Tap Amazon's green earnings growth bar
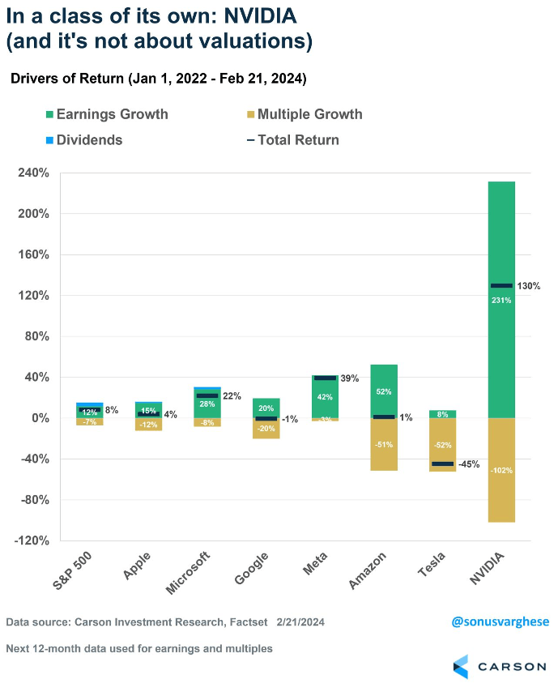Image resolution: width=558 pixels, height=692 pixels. (x=384, y=381)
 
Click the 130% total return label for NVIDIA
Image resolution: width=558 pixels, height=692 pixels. (x=530, y=286)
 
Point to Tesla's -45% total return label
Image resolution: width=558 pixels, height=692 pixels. (x=469, y=464)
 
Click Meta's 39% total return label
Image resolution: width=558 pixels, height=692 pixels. (x=350, y=378)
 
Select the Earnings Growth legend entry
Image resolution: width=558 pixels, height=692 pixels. (x=111, y=114)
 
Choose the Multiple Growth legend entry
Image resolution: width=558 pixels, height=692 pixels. (x=311, y=114)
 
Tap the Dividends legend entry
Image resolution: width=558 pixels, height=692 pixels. (x=89, y=139)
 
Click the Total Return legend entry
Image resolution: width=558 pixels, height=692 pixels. (x=297, y=139)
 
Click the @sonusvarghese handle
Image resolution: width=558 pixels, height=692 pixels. (x=500, y=622)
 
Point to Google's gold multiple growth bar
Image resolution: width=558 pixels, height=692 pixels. (x=266, y=429)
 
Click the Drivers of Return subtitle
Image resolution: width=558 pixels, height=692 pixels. (x=157, y=79)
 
